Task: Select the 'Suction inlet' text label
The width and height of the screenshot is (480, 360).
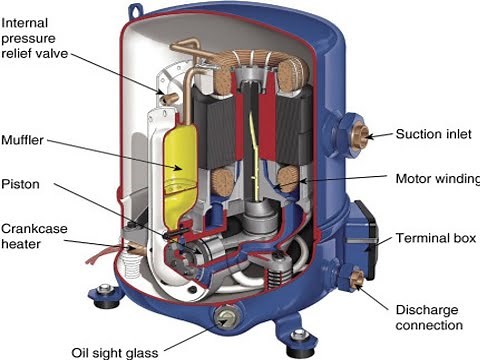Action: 431,133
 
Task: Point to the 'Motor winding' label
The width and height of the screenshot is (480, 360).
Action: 431,180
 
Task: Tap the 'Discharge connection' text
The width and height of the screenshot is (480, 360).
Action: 429,316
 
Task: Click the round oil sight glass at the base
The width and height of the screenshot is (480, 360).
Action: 227,321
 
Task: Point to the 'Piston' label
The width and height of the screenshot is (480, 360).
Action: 20,184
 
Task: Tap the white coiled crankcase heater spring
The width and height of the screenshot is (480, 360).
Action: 129,265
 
